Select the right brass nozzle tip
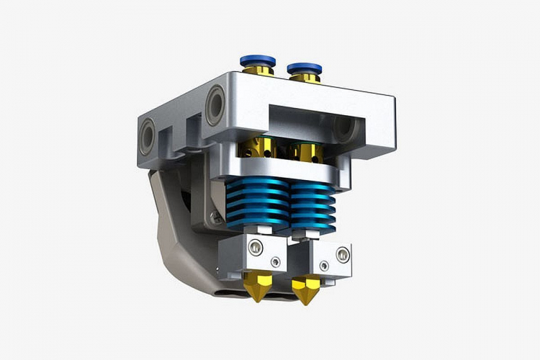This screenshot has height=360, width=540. (x=305, y=292)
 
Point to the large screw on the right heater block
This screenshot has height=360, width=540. (x=342, y=253)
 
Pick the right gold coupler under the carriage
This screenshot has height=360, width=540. (x=302, y=153)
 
